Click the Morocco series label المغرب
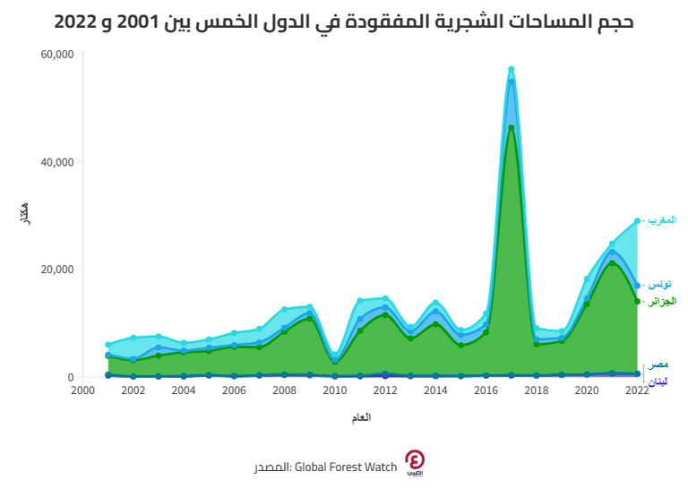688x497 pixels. tap(661, 220)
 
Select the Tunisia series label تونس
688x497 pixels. tap(661, 284)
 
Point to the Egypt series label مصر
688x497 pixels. tap(658, 364)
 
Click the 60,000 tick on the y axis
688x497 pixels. tap(57, 55)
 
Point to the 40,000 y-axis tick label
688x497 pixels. tap(57, 162)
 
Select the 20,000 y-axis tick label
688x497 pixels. tap(57, 270)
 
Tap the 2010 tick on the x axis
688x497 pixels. tap(335, 390)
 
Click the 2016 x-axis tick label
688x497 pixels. tap(486, 390)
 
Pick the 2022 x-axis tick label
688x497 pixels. tap(637, 390)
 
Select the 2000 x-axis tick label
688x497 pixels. tap(82, 390)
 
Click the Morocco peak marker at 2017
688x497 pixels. tap(512, 69)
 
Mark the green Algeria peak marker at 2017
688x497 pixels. tap(512, 127)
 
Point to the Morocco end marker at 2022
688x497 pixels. tap(637, 221)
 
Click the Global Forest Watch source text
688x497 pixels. tap(323, 467)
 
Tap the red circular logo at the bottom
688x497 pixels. tap(416, 462)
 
